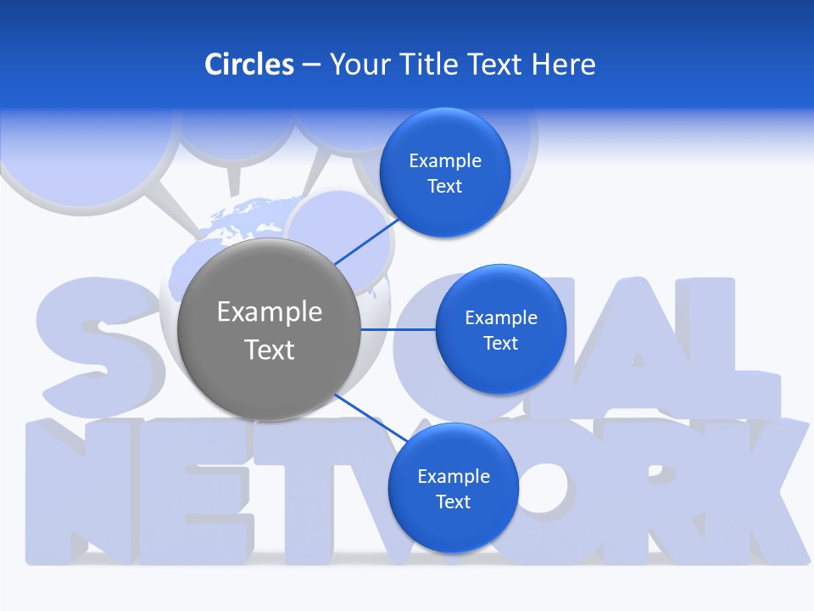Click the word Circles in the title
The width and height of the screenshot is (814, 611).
(249, 64)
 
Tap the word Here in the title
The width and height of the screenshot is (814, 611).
(564, 64)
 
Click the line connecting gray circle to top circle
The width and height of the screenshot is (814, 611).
(367, 241)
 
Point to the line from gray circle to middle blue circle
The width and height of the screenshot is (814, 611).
(399, 329)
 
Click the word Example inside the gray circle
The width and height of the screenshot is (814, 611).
(270, 312)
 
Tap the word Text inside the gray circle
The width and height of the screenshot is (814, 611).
(270, 350)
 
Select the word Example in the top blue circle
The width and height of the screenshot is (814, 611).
(445, 161)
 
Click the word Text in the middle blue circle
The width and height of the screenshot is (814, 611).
(500, 344)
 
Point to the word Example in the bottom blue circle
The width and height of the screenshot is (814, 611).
(454, 477)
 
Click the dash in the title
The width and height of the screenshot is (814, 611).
(310, 65)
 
